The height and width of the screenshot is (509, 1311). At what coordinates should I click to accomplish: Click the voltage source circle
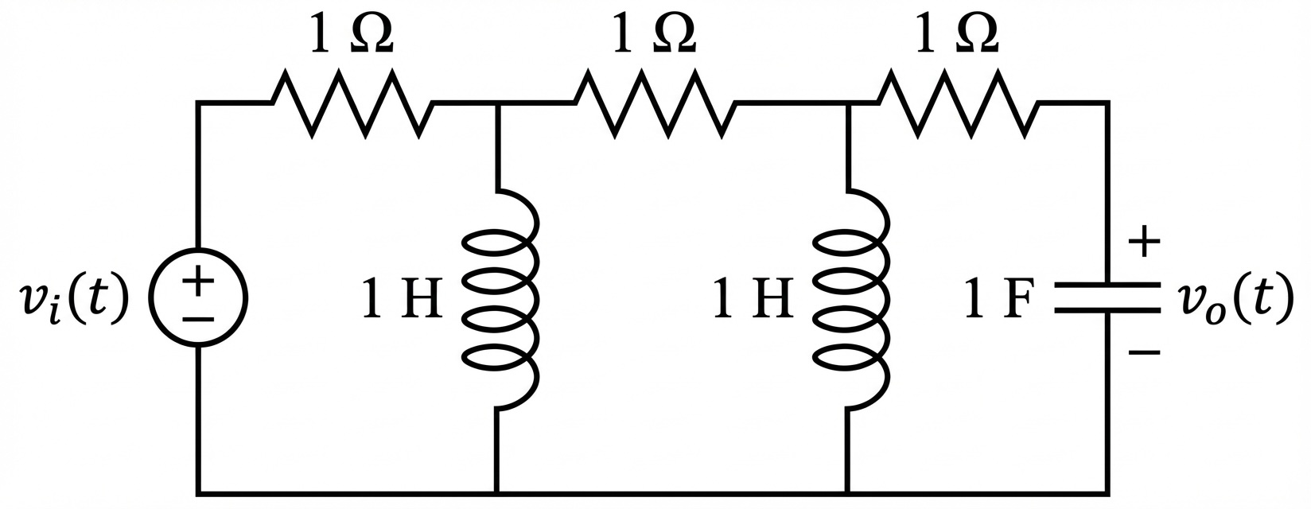tap(198, 298)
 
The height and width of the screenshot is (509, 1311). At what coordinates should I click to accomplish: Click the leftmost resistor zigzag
tap(352, 103)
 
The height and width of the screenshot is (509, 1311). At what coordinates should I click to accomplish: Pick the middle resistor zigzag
tap(654, 103)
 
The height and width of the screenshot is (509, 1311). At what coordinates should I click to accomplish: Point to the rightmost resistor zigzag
tap(957, 103)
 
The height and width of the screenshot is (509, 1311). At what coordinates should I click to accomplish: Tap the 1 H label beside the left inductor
tap(402, 300)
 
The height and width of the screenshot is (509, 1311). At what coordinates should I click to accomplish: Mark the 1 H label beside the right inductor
tap(753, 300)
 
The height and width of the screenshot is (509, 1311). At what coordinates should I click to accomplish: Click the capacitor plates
tap(1107, 297)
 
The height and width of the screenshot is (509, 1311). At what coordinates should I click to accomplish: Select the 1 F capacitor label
tap(999, 300)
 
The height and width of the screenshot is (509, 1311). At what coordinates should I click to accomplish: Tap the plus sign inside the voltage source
tap(198, 282)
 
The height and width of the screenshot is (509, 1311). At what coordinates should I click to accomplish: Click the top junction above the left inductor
tap(497, 103)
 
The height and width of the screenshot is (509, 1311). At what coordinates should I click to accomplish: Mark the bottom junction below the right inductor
tap(848, 493)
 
